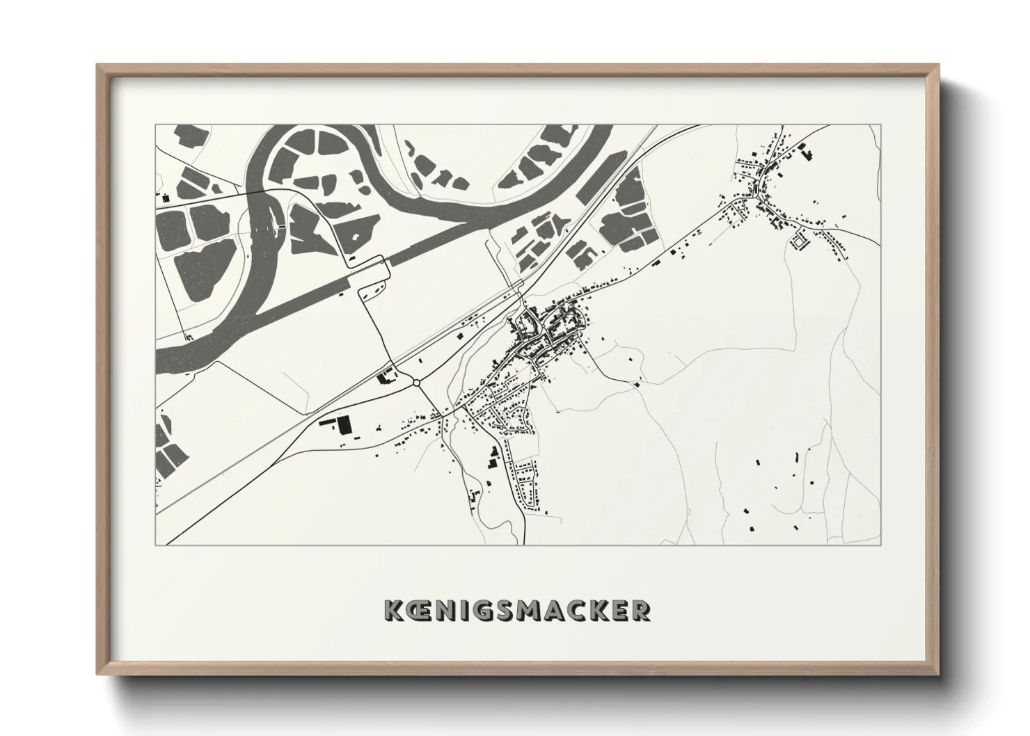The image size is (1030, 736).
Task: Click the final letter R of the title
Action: click(641, 610)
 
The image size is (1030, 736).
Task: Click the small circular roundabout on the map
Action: click(416, 381)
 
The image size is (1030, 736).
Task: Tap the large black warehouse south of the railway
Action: click(344, 424)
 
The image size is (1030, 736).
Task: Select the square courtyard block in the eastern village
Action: click(798, 241)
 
